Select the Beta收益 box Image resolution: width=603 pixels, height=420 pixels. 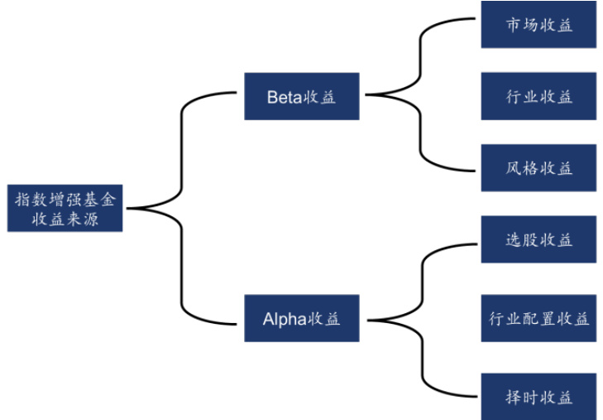coord(302,96)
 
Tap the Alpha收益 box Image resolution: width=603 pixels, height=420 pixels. coord(302,318)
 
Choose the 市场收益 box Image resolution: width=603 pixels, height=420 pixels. coord(538,24)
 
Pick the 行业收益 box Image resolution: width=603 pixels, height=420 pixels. coord(538,96)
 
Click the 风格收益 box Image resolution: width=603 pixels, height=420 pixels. coord(538,168)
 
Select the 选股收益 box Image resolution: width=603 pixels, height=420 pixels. coord(538,240)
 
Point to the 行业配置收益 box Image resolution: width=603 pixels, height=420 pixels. coord(538,318)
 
